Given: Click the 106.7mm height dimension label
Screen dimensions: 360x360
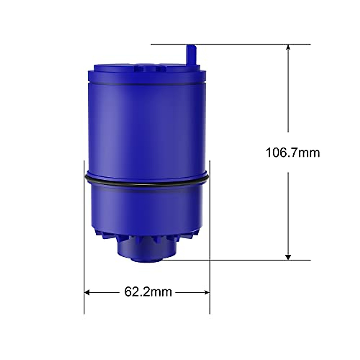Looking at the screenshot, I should tap(292, 153).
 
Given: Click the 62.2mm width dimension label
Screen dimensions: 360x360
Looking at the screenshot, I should tap(148, 292).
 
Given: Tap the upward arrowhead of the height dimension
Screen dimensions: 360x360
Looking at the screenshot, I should tap(288, 47).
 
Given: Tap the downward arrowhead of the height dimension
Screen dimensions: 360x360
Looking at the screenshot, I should tap(288, 257).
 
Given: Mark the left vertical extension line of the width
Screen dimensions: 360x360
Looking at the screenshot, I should tap(84, 240).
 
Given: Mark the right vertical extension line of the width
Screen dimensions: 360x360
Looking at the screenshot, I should tap(210, 240).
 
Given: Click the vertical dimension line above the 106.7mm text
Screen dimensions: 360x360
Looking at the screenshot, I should tap(288, 90).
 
